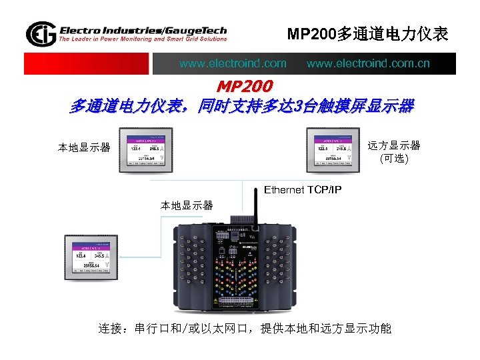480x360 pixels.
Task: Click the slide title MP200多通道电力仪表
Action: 367,33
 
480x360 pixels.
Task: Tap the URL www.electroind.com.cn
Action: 368,64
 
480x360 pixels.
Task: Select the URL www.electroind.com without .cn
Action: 233,64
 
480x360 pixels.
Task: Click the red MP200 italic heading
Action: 245,87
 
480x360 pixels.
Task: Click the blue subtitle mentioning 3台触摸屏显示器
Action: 241,106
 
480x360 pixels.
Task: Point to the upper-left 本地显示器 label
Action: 84,147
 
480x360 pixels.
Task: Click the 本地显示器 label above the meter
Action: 187,205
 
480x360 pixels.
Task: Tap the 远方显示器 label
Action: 394,146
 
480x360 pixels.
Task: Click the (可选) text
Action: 394,159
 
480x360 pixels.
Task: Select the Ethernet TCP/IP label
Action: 303,190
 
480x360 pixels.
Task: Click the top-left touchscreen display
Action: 146,150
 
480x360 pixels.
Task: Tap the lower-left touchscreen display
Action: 91,257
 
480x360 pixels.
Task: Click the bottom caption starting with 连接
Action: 245,329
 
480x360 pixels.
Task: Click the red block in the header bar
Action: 86,64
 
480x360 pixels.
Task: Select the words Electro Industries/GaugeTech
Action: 143,30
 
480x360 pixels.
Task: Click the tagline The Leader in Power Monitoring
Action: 143,39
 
